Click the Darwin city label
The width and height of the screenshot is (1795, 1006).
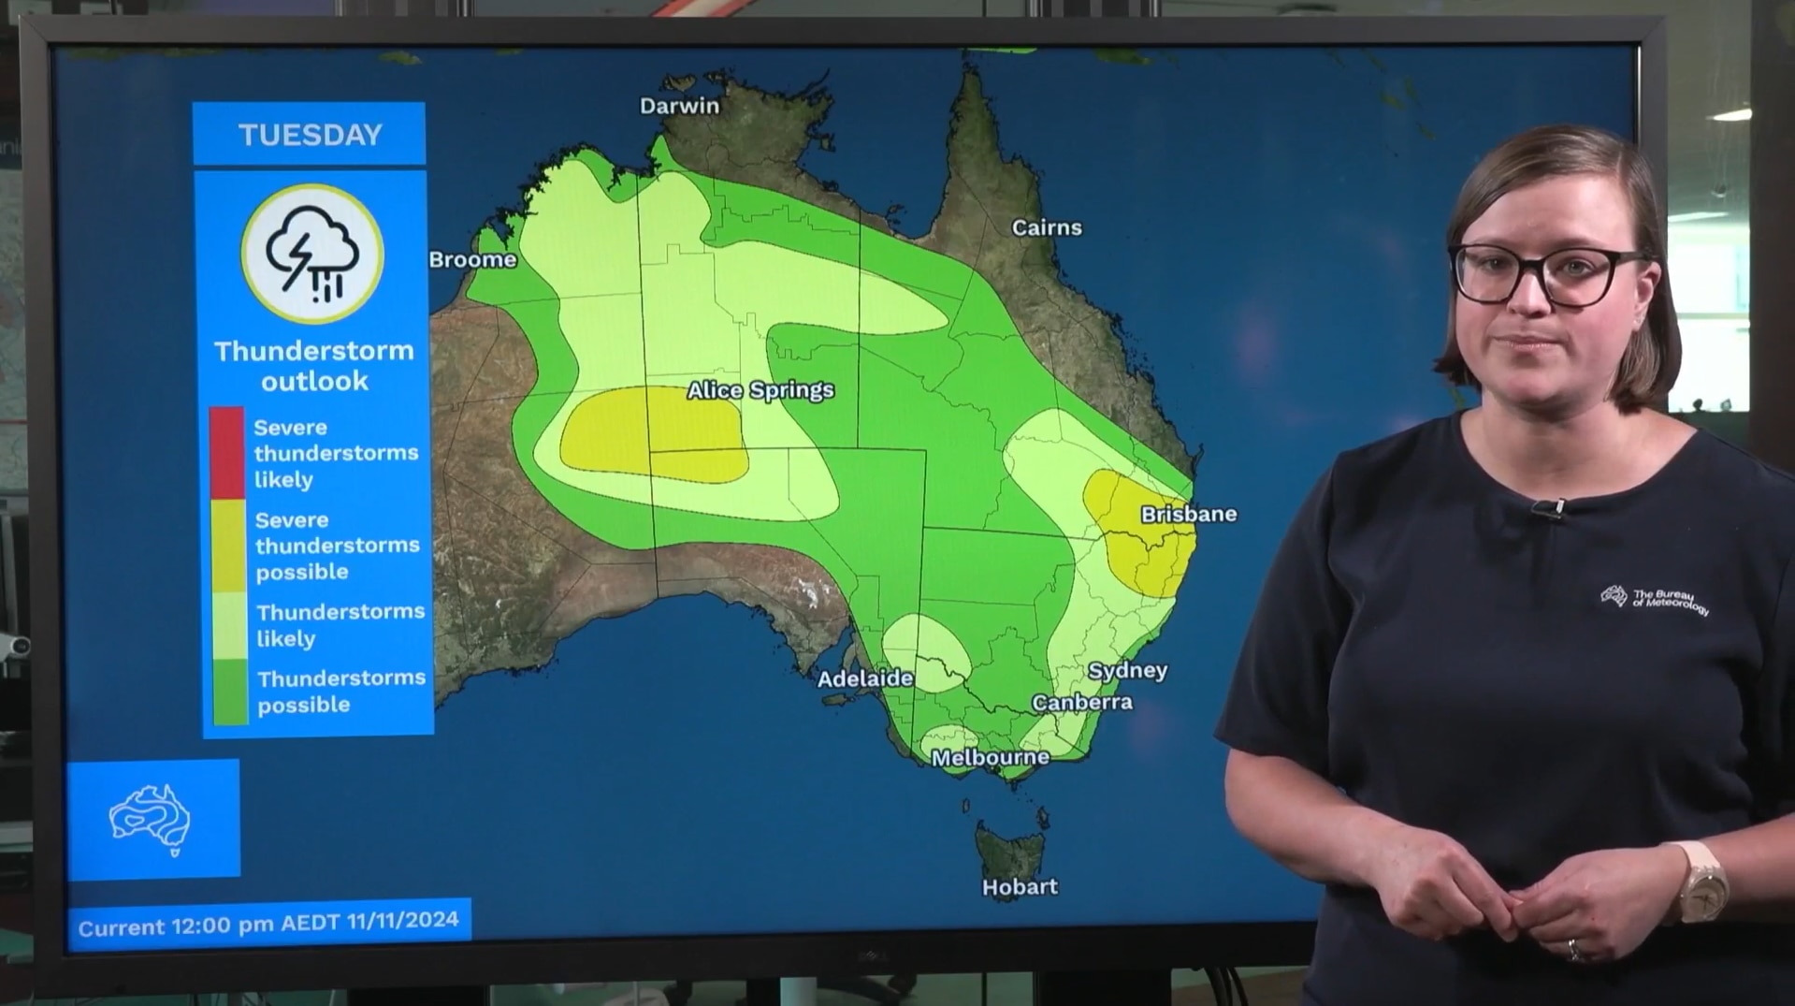pyautogui.click(x=679, y=106)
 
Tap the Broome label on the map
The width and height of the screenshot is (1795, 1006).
pyautogui.click(x=472, y=259)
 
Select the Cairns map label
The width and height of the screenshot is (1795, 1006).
pyautogui.click(x=1047, y=227)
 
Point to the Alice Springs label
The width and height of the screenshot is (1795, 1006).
pyautogui.click(x=760, y=389)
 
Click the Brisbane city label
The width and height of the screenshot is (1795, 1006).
pyautogui.click(x=1188, y=514)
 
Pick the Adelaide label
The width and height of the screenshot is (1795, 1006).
pyautogui.click(x=865, y=678)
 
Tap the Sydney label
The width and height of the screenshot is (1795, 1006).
pyautogui.click(x=1127, y=670)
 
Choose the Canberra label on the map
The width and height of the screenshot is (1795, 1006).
pyautogui.click(x=1081, y=702)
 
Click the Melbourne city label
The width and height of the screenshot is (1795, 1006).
pyautogui.click(x=990, y=757)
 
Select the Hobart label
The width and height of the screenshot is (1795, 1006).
pyautogui.click(x=1020, y=886)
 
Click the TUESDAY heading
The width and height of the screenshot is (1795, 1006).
pyautogui.click(x=310, y=135)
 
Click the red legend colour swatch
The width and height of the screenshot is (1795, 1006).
pyautogui.click(x=226, y=452)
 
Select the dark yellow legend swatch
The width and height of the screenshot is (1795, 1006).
pyautogui.click(x=227, y=545)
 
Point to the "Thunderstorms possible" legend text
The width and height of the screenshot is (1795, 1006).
pyautogui.click(x=340, y=691)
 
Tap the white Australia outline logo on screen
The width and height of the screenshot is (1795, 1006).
pyautogui.click(x=152, y=820)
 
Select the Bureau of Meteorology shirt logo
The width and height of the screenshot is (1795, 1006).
pyautogui.click(x=1654, y=600)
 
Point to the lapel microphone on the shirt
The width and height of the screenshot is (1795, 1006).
pyautogui.click(x=1548, y=509)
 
